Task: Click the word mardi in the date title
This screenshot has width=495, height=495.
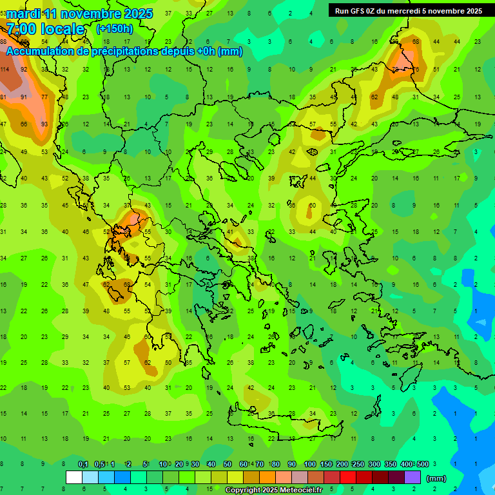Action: (23, 14)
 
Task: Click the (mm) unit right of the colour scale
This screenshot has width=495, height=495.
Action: (436, 478)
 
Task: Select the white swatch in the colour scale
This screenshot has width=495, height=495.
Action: (74, 478)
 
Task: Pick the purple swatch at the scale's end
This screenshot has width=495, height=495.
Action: (412, 478)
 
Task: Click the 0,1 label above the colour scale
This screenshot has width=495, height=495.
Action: (83, 464)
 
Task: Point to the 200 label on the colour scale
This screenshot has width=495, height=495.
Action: (342, 464)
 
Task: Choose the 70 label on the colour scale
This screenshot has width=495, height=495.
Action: (259, 464)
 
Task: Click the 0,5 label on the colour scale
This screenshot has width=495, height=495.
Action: (99, 464)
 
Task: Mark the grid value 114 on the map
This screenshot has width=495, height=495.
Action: (5, 69)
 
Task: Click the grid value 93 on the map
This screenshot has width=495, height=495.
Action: (44, 124)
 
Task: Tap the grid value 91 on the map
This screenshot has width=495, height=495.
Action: (24, 97)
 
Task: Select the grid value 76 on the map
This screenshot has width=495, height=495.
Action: (416, 69)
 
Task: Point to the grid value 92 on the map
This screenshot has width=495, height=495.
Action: (24, 69)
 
